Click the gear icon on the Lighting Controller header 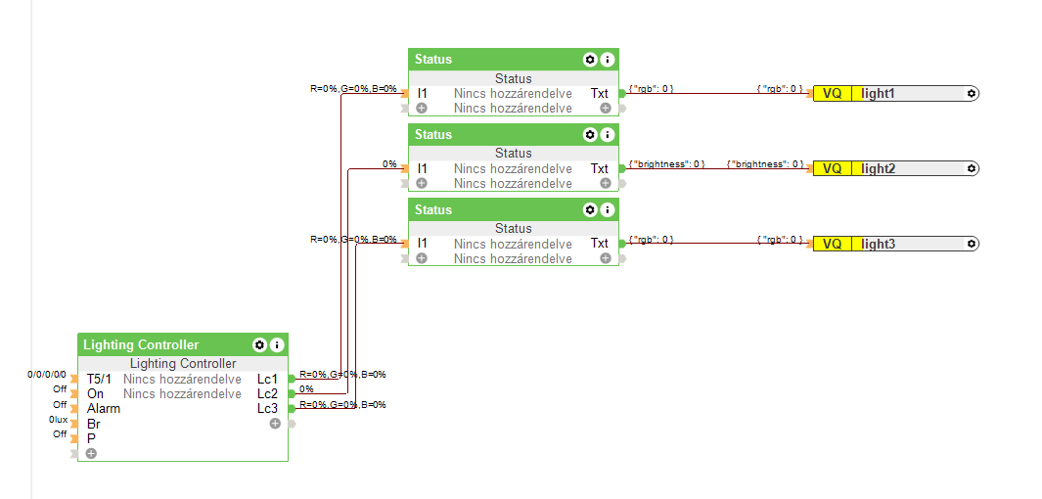[259, 344]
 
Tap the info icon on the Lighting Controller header [277, 344]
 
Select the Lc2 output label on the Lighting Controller [267, 393]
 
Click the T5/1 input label [99, 379]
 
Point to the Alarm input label [103, 408]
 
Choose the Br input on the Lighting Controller [93, 424]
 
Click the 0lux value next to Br [59, 420]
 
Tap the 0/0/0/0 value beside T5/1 [47, 375]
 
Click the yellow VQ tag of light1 [832, 93]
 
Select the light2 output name [878, 168]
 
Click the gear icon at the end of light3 [971, 244]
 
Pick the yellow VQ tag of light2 [832, 168]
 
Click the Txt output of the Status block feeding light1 [599, 93]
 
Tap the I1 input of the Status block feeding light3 [422, 243]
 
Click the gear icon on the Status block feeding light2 [590, 134]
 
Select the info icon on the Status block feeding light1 [608, 59]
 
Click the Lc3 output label [267, 408]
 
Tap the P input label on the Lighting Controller [91, 438]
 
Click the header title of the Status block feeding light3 [433, 209]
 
